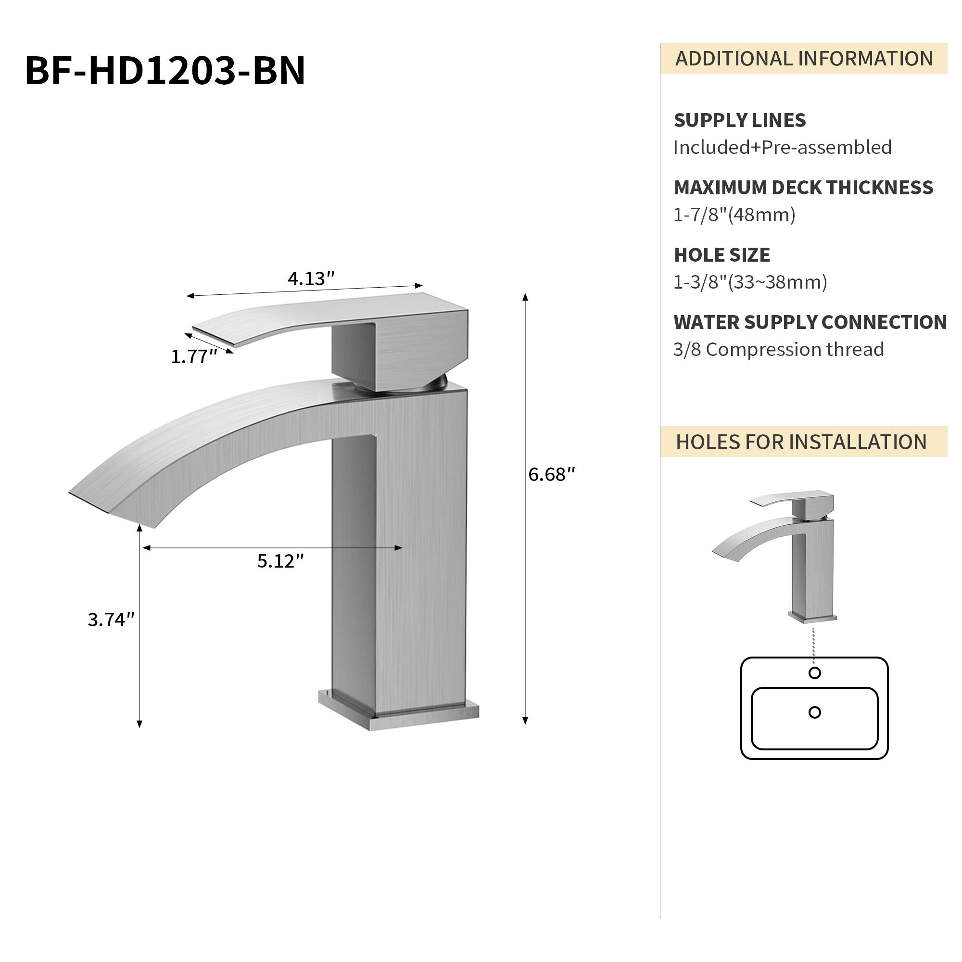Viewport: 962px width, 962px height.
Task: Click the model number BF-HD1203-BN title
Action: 165,71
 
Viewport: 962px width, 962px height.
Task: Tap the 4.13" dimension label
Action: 311,279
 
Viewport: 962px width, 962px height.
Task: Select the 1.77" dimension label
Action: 194,356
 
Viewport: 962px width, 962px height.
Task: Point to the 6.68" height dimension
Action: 551,475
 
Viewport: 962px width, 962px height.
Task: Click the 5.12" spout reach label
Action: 280,561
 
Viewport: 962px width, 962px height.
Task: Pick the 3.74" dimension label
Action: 111,620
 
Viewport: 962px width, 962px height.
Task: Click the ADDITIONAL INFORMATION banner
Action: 803,59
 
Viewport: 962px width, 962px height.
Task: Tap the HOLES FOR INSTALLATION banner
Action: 801,442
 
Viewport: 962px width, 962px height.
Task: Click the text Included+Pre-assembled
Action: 782,147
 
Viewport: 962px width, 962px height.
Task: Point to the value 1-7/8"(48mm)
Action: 734,215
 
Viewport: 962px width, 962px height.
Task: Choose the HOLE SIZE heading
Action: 721,255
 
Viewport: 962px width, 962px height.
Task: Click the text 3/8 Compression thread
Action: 778,350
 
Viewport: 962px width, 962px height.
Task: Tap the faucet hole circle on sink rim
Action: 815,673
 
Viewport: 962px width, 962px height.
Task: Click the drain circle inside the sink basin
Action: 815,712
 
